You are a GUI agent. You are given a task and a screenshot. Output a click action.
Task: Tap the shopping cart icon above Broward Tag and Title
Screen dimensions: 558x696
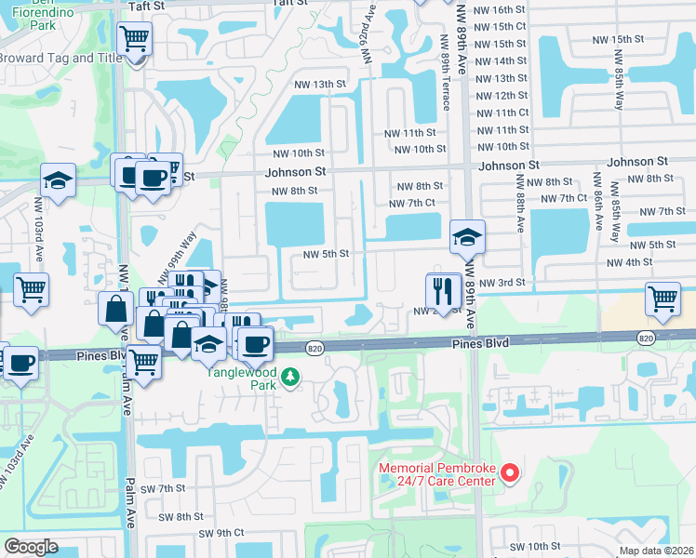coord(135,40)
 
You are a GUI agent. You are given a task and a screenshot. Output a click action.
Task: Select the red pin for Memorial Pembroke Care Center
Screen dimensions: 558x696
coord(509,474)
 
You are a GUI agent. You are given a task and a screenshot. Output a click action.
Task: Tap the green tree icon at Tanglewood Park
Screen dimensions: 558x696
coord(291,377)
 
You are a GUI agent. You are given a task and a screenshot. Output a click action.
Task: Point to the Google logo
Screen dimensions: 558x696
coord(32,547)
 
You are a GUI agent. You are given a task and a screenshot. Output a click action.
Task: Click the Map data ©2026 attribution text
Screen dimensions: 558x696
coord(657,551)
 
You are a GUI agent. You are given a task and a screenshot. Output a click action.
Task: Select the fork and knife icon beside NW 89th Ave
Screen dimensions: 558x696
coord(444,291)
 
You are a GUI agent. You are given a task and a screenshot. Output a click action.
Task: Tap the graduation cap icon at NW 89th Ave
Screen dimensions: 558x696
coord(467,238)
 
